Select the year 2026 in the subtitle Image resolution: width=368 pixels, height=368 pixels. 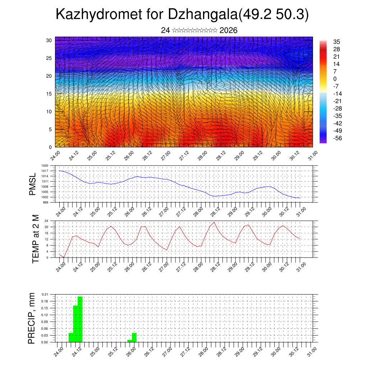(228, 31)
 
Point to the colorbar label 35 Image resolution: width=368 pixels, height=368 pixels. (336, 42)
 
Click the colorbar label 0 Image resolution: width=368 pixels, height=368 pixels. (335, 79)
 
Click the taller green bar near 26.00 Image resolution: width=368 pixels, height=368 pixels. (134, 337)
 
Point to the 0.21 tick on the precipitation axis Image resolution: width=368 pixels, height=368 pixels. (45, 294)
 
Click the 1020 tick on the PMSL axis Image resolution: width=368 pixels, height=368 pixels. (45, 166)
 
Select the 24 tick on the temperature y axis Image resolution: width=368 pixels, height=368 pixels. (46, 221)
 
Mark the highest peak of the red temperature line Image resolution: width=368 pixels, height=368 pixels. (214, 222)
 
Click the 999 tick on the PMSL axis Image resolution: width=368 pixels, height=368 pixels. (46, 202)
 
